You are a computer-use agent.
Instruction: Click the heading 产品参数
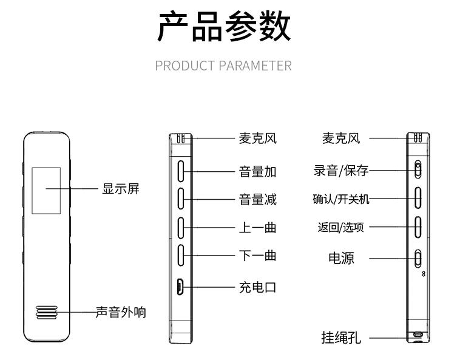coord(224,27)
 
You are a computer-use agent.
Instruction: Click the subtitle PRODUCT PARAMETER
coord(223,66)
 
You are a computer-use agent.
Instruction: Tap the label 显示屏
coord(120,189)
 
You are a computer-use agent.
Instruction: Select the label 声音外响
coord(121,313)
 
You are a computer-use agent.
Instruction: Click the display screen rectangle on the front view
coord(46,189)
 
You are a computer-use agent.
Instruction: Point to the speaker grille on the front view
coord(46,313)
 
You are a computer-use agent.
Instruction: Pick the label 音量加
coord(257,172)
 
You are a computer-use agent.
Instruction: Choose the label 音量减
coord(257,199)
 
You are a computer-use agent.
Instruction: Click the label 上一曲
coord(257,228)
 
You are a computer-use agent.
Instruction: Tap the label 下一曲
coord(257,256)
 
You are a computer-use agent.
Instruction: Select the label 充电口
coord(257,287)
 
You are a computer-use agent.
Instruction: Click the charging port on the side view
coord(181,287)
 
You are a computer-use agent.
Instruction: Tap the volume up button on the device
coord(181,171)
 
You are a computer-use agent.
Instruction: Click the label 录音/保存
coord(340,171)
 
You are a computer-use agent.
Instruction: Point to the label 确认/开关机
coord(340,199)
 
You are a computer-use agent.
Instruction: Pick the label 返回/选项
coord(340,227)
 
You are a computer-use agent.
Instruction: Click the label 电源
coord(341,258)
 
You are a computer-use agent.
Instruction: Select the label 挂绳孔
coord(340,338)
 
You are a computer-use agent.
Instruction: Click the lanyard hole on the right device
coord(418,335)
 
